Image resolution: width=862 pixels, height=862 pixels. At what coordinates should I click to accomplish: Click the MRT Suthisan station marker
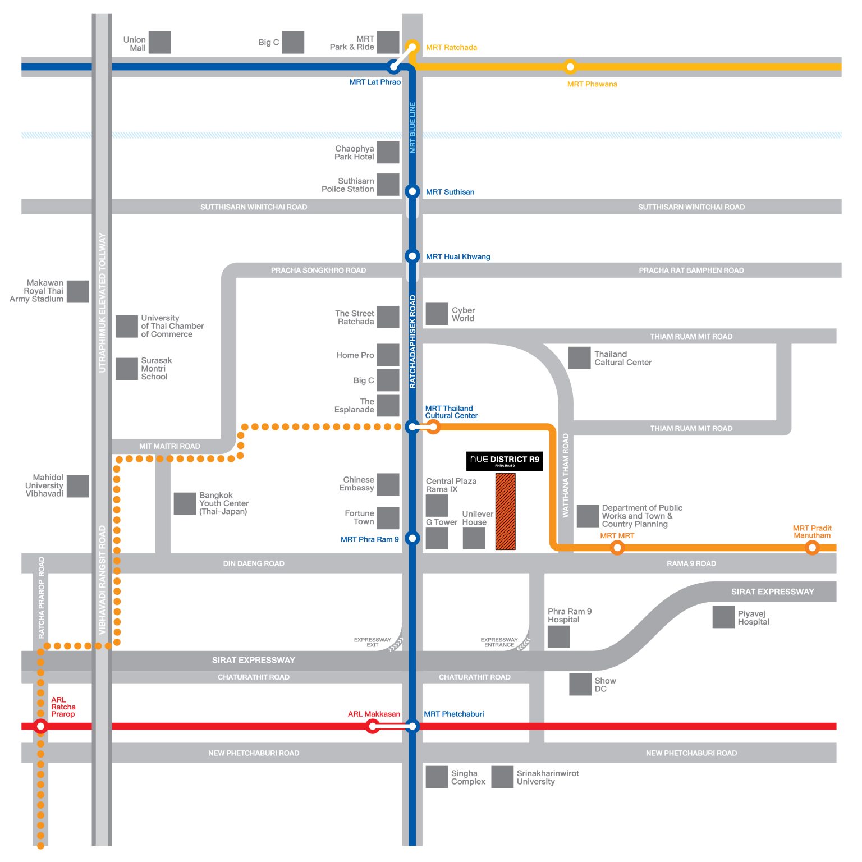coord(412,191)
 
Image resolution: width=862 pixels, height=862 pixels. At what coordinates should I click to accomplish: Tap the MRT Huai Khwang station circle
coord(412,256)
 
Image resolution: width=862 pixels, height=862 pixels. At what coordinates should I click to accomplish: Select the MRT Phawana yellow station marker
coord(570,67)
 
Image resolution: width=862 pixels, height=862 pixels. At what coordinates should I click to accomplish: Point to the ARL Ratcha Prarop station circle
coord(40,726)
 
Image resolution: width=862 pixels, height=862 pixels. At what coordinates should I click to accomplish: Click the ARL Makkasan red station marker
coord(373,727)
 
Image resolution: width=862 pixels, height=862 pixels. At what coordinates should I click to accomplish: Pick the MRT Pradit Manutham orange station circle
coord(812,547)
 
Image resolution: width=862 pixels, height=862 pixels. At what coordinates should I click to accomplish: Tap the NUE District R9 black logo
coord(505,461)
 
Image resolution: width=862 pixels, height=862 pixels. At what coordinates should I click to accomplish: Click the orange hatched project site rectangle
coord(505,511)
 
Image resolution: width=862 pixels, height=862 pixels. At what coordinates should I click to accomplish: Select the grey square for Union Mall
coord(159,43)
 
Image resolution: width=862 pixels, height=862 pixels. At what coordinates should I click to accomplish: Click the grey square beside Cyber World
coord(437,314)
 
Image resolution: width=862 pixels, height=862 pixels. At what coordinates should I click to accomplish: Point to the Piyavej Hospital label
coord(753,618)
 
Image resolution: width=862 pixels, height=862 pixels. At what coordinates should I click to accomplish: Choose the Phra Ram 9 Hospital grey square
coord(559,636)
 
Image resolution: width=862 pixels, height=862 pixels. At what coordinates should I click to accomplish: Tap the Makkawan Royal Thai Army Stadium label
coord(36,291)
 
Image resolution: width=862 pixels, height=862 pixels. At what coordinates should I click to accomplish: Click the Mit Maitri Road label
coord(169,446)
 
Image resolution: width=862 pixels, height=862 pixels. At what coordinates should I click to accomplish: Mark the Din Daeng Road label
coord(254,563)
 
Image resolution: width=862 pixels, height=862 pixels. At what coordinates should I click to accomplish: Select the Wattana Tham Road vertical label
coord(566,475)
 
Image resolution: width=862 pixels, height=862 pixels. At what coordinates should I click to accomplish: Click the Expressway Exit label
coord(372,643)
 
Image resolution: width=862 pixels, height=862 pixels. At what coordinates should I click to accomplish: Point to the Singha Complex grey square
coord(437,777)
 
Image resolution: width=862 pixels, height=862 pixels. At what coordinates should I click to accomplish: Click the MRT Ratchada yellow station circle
coord(412,47)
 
